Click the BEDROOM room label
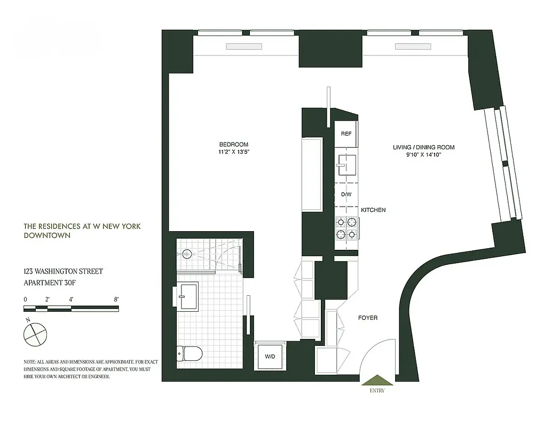[x=233, y=145]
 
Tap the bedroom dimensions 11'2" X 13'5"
[x=233, y=152]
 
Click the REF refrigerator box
[x=346, y=133]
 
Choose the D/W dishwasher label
[x=346, y=194]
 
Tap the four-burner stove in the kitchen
[x=345, y=228]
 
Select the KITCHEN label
[x=373, y=210]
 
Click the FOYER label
[x=367, y=318]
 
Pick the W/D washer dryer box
[x=270, y=357]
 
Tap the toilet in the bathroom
[x=190, y=353]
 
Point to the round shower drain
[x=187, y=254]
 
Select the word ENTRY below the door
[x=376, y=391]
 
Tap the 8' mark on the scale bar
[x=116, y=299]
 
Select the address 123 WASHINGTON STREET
[x=63, y=272]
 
